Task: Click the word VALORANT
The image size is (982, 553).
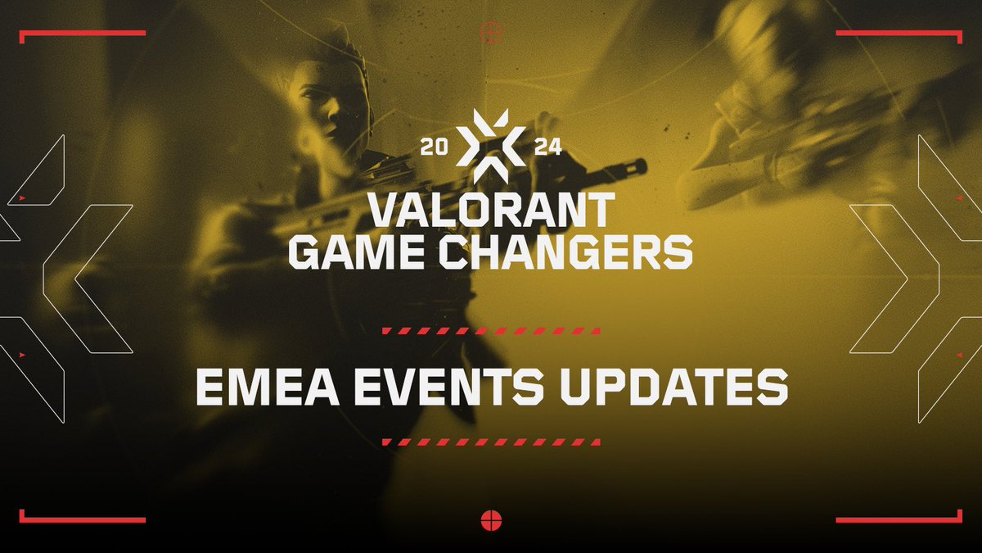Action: click(x=490, y=211)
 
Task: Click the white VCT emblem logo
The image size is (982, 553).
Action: click(x=490, y=147)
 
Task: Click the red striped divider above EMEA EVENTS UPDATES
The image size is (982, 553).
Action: click(x=491, y=331)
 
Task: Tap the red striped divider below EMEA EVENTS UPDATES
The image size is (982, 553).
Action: click(x=491, y=442)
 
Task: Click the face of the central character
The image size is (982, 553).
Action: click(x=331, y=115)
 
